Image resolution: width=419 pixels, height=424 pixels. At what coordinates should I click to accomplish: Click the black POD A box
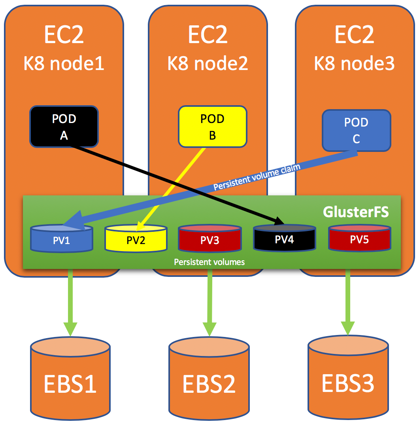click(x=64, y=127)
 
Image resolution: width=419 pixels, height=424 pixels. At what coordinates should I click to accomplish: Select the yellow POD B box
click(x=213, y=127)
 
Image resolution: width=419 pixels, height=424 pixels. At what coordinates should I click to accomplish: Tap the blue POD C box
click(x=356, y=131)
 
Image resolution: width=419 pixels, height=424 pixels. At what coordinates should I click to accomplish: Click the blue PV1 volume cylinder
click(x=62, y=238)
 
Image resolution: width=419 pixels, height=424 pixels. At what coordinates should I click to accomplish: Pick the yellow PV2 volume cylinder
click(x=136, y=238)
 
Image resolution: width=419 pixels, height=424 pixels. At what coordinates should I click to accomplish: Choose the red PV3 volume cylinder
click(x=210, y=238)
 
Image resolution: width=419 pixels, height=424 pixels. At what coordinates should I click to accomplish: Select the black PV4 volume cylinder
click(x=284, y=238)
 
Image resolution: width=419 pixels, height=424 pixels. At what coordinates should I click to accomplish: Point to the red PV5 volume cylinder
click(x=360, y=238)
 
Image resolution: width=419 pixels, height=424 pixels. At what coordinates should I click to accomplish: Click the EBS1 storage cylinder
click(x=70, y=378)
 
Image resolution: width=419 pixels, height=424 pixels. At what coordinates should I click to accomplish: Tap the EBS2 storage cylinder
click(x=209, y=378)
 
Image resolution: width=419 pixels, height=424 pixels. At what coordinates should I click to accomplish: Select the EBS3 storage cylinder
click(x=348, y=377)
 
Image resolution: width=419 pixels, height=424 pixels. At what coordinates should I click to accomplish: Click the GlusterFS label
click(x=356, y=212)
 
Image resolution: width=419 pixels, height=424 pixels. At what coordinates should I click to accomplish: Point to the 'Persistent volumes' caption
click(x=209, y=262)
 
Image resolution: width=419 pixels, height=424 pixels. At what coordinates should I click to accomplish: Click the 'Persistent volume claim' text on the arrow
click(x=257, y=177)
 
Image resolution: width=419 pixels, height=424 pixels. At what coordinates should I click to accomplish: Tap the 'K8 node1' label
click(x=64, y=63)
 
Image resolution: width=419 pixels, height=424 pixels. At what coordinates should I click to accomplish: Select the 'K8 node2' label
click(x=208, y=63)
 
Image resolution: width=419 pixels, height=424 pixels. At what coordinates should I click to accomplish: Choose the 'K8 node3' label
click(x=354, y=63)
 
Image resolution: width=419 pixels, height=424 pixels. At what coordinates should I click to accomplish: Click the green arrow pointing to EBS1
click(x=70, y=303)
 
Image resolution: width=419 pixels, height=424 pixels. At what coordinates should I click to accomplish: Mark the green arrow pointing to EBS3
click(x=348, y=302)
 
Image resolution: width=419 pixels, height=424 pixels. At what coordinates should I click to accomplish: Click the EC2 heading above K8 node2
click(x=208, y=34)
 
